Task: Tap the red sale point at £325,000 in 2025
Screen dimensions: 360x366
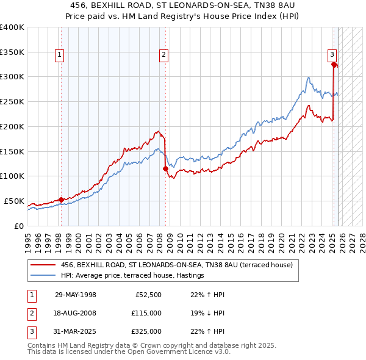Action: (x=334, y=64)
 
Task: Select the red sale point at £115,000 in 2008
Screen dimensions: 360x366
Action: (x=165, y=168)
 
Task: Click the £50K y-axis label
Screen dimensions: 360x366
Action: (x=14, y=201)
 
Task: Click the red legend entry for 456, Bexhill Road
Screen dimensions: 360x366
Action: (x=177, y=265)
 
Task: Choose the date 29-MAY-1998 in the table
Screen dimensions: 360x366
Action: (x=75, y=295)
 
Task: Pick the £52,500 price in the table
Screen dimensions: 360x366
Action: (x=147, y=295)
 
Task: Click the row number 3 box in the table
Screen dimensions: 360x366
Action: (x=30, y=331)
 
